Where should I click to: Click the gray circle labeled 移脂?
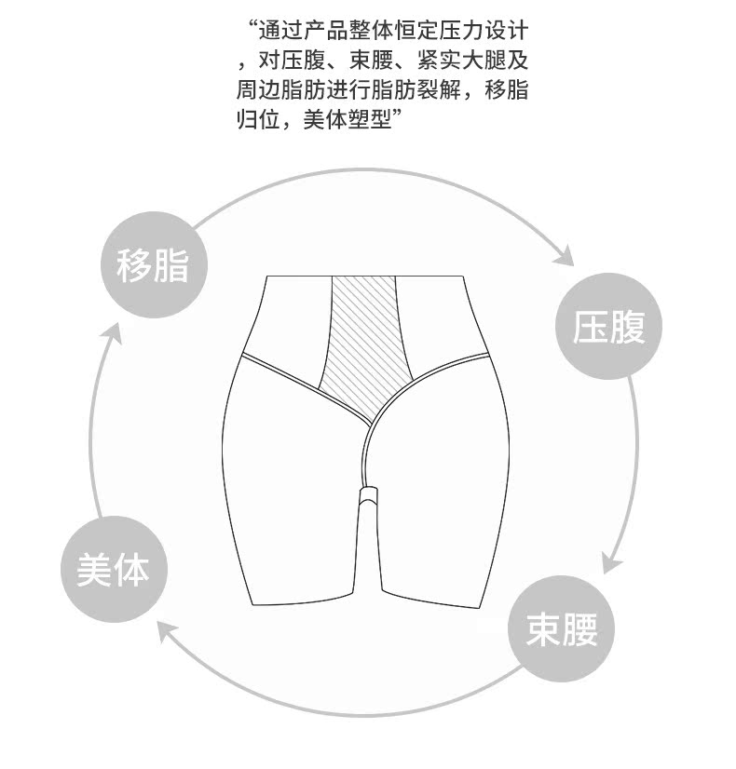coord(153,265)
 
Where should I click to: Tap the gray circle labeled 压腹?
coord(609,327)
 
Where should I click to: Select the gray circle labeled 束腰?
coord(562,629)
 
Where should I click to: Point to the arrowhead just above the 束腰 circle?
coord(610,563)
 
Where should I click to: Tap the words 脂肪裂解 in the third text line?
coord(432,91)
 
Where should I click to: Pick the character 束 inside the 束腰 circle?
coord(544,629)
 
